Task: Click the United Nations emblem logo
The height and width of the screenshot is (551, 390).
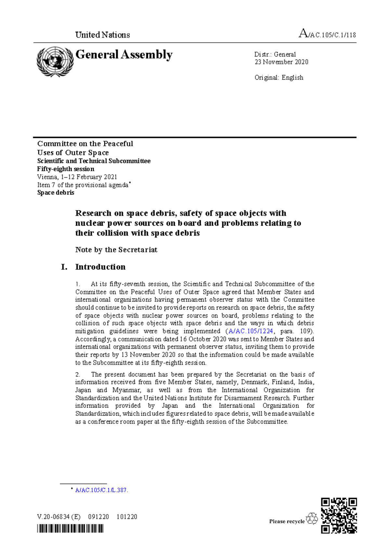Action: coord(55,62)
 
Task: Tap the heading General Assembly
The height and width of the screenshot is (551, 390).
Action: coord(124,55)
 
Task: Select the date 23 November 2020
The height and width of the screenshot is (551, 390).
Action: coord(281,62)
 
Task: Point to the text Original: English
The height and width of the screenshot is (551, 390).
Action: coord(279,78)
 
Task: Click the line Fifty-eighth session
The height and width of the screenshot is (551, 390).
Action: coord(66,169)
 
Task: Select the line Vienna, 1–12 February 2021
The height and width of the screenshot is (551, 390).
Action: coord(77,177)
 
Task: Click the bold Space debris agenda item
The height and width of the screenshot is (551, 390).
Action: coord(56,193)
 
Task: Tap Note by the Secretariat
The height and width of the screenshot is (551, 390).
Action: coord(116,250)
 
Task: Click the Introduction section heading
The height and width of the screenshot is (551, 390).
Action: coord(100,267)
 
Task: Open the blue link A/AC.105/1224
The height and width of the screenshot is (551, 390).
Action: coord(251,331)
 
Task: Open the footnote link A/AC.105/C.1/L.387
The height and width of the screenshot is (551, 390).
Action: coord(101,490)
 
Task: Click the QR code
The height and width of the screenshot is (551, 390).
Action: coord(339,516)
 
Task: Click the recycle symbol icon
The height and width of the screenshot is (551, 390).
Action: coord(312,519)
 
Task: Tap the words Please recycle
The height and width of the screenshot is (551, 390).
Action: coord(287,521)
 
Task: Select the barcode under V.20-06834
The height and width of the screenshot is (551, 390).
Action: coord(70,529)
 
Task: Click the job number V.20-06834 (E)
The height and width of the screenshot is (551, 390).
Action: coord(59,517)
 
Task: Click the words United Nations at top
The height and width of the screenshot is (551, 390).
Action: coord(102,35)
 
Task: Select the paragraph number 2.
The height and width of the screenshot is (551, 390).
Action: coord(78,375)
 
